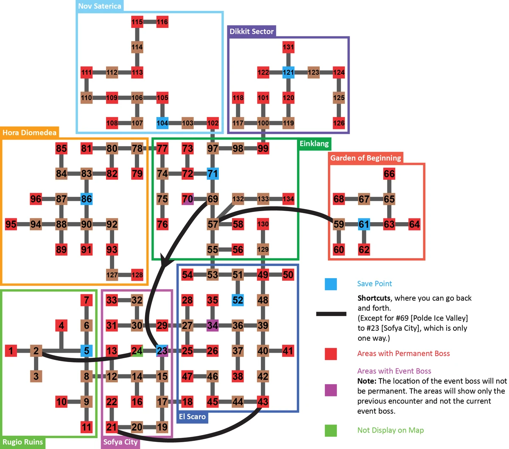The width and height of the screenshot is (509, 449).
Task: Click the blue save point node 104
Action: point(162,123)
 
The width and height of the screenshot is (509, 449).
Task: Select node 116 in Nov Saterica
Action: point(162,22)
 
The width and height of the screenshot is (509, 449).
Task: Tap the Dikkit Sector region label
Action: point(252,31)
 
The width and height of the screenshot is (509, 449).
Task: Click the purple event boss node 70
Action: point(187,199)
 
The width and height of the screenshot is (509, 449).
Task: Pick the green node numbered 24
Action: point(137,351)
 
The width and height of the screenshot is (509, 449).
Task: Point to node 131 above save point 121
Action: point(288,47)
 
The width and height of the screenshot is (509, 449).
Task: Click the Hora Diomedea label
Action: point(29,133)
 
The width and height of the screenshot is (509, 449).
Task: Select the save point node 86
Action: point(87,199)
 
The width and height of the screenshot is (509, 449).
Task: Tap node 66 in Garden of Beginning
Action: point(389,173)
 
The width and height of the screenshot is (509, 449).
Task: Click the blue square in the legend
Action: point(331,284)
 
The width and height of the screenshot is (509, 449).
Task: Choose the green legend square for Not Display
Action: point(331,430)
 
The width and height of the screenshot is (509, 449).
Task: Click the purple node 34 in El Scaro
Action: point(213,326)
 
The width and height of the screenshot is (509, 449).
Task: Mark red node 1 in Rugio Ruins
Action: point(11,351)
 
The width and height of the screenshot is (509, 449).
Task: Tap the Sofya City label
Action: point(120,442)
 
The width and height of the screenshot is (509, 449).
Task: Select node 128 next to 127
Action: point(137,275)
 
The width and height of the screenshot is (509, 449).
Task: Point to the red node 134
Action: point(288,199)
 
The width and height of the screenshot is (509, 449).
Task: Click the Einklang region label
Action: point(314,144)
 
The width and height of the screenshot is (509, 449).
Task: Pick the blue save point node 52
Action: point(238,300)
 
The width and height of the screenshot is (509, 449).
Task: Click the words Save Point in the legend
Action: point(375,284)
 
